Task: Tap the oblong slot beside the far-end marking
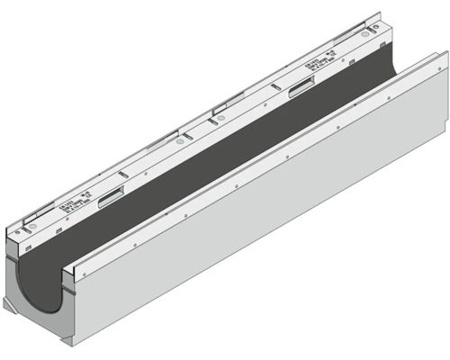click(302, 88)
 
